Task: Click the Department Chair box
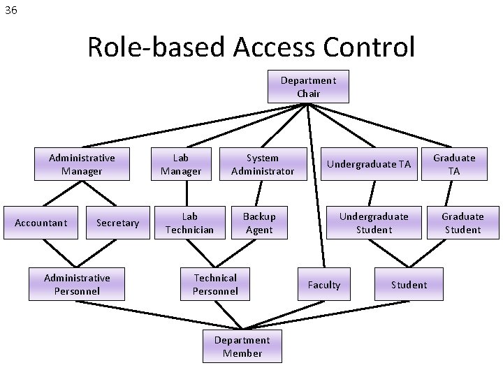(x=308, y=87)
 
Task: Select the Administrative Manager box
(x=82, y=164)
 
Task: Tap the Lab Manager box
(x=181, y=164)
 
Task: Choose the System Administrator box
(x=263, y=164)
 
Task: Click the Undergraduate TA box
(x=370, y=164)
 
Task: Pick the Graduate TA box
(x=453, y=164)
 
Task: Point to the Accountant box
(x=41, y=223)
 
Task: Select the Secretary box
(x=117, y=223)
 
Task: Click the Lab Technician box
(x=190, y=223)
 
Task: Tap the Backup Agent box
(x=259, y=223)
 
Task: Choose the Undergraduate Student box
(x=374, y=223)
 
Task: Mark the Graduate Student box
(x=462, y=223)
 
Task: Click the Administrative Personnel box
(x=77, y=284)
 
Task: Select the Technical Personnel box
(x=215, y=284)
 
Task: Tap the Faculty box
(x=324, y=284)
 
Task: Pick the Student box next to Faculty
(x=409, y=284)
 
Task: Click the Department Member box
(x=242, y=346)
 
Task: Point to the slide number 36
(x=10, y=10)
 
